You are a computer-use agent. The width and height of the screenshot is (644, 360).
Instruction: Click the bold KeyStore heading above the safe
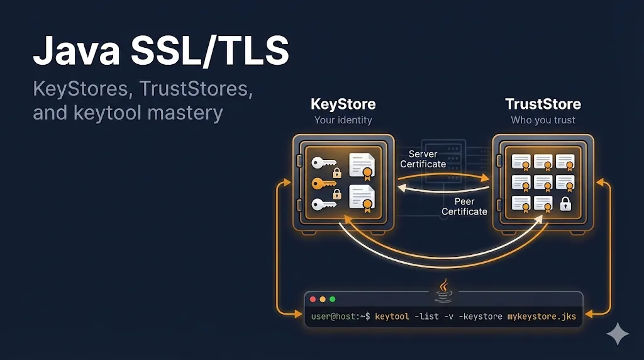pyautogui.click(x=343, y=104)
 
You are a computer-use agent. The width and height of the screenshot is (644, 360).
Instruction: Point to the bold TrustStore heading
pyautogui.click(x=543, y=104)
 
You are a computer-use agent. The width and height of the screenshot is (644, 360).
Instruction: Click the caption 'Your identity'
pyautogui.click(x=343, y=120)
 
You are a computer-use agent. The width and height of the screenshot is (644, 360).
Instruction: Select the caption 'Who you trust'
pyautogui.click(x=543, y=120)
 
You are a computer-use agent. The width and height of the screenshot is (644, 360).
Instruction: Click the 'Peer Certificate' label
pyautogui.click(x=464, y=206)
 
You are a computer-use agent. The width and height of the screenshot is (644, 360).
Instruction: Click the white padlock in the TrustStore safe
pyautogui.click(x=565, y=203)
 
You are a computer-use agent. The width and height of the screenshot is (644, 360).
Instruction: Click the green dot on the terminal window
pyautogui.click(x=333, y=299)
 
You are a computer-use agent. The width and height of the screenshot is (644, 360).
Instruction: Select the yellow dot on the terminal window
pyautogui.click(x=323, y=299)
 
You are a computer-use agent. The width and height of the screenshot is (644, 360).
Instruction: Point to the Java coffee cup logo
pyautogui.click(x=443, y=291)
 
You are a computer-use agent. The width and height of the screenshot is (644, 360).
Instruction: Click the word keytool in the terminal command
pyautogui.click(x=392, y=316)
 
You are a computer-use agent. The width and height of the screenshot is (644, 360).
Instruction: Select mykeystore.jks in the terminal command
pyautogui.click(x=541, y=316)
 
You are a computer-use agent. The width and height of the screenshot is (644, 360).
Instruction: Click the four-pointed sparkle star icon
pyautogui.click(x=618, y=334)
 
